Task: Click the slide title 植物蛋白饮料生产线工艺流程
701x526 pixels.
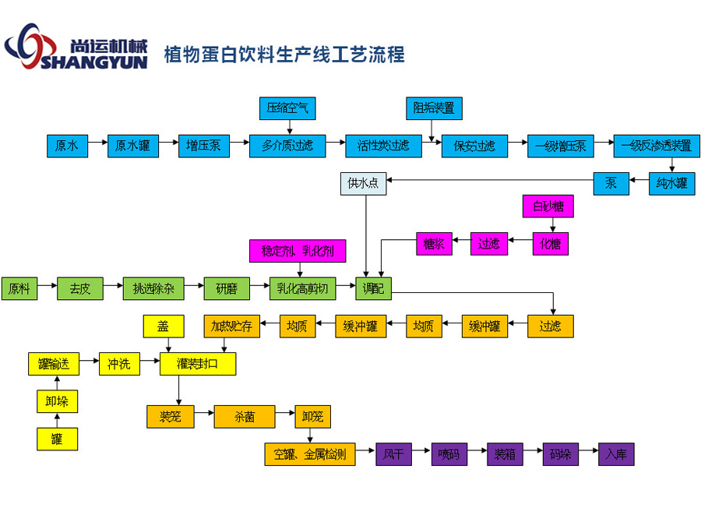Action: tap(284, 55)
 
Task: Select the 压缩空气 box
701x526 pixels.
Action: tap(287, 108)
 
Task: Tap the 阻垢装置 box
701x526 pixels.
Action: tap(434, 108)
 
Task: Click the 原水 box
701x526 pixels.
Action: tap(67, 146)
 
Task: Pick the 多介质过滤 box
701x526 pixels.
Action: tap(287, 146)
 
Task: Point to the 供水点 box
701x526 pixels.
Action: tap(364, 184)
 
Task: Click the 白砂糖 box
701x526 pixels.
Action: tap(548, 206)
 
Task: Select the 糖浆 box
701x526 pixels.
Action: tap(434, 244)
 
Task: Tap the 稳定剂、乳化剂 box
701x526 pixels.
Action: tap(298, 251)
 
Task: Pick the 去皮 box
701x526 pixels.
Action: tap(79, 288)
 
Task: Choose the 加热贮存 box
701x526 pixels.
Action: tap(231, 327)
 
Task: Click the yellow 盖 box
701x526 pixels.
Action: tap(163, 327)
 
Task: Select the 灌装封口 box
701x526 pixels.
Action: tap(198, 364)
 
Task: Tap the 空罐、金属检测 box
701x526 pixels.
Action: tap(310, 454)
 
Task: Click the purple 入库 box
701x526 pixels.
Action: tap(616, 454)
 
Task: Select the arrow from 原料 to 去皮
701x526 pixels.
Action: tap(47, 288)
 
